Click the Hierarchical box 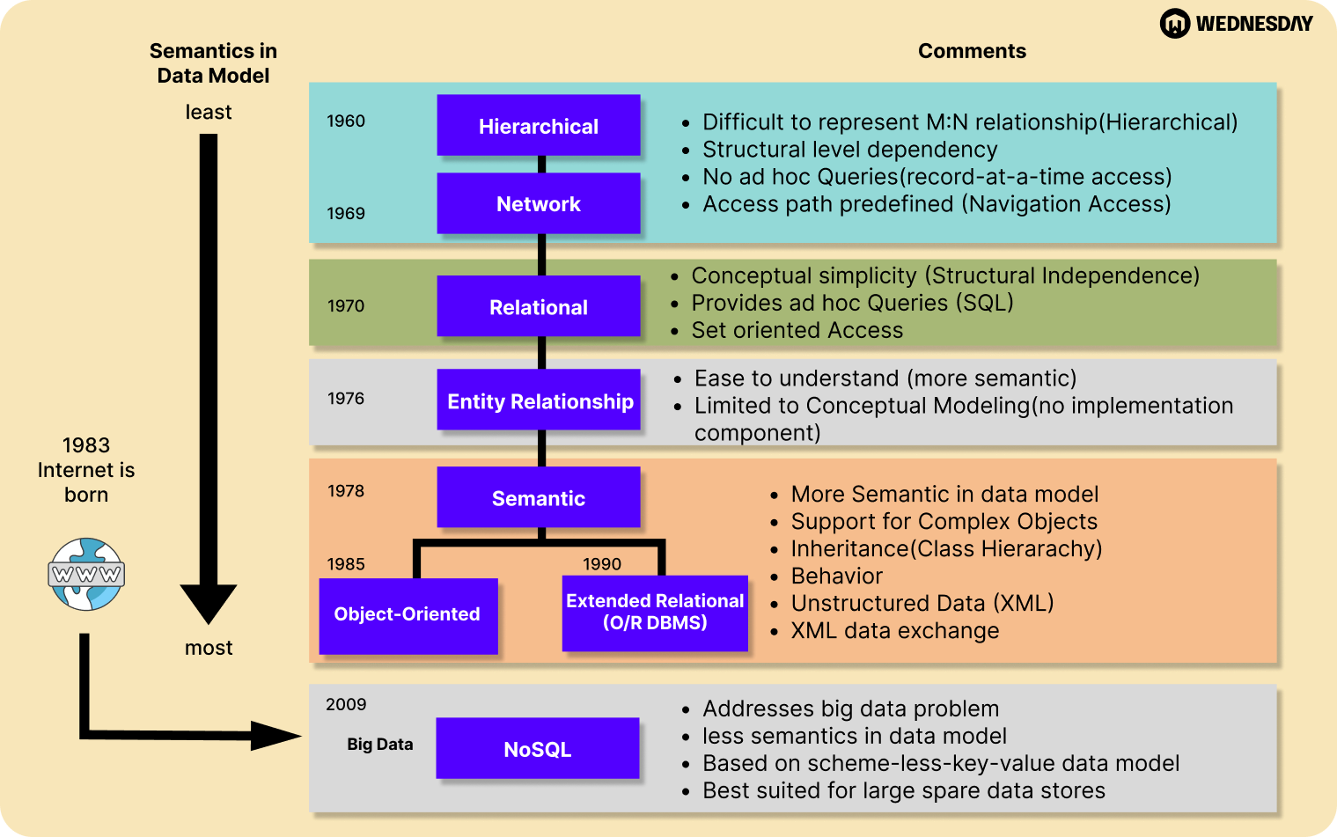pyautogui.click(x=538, y=126)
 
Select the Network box pyautogui.click(x=538, y=203)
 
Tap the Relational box pyautogui.click(x=538, y=307)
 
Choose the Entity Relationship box pyautogui.click(x=539, y=401)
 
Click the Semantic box pyautogui.click(x=538, y=498)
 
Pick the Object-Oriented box pyautogui.click(x=408, y=614)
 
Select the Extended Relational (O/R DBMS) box pyautogui.click(x=655, y=613)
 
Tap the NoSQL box pyautogui.click(x=537, y=749)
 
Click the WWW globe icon pyautogui.click(x=86, y=575)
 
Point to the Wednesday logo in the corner pyautogui.click(x=1236, y=24)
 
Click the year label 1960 pyautogui.click(x=346, y=121)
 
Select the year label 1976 pyautogui.click(x=346, y=399)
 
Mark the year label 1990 pyautogui.click(x=602, y=564)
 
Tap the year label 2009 pyautogui.click(x=346, y=704)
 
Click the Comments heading pyautogui.click(x=972, y=51)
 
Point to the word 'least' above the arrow pyautogui.click(x=209, y=112)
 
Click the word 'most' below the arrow pyautogui.click(x=209, y=648)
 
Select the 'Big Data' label pyautogui.click(x=379, y=745)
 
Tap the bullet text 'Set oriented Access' pyautogui.click(x=797, y=330)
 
